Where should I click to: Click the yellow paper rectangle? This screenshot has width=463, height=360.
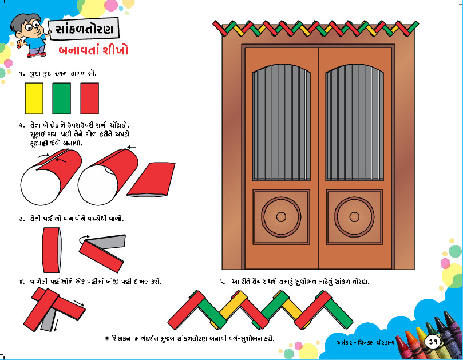point(34,98)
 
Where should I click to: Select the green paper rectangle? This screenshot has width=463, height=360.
point(61,98)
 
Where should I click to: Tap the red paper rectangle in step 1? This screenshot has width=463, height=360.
point(89,98)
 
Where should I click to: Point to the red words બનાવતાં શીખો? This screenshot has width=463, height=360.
point(97,50)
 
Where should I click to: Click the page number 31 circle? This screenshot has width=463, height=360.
point(433,342)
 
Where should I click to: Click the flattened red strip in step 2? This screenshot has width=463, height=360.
point(151,179)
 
